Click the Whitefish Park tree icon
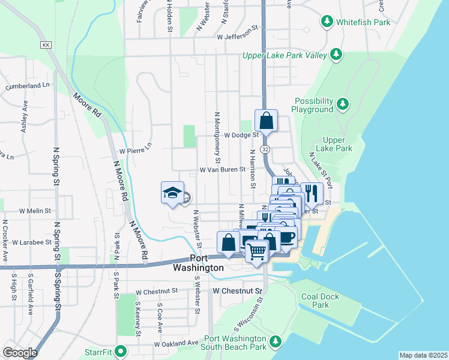click(x=327, y=22)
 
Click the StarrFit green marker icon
click(x=121, y=350)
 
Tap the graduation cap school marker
click(x=172, y=193)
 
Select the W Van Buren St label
click(x=223, y=170)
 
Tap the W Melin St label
click(x=35, y=211)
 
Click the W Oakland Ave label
click(x=176, y=344)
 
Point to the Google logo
click(x=20, y=353)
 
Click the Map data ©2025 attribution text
click(x=423, y=355)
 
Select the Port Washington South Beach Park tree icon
click(x=276, y=341)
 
